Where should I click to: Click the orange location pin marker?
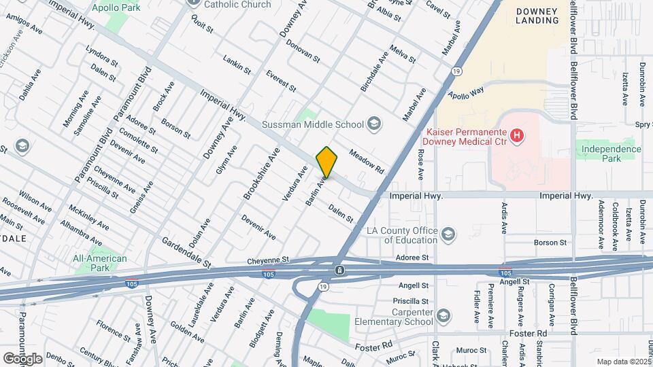coord(326,162)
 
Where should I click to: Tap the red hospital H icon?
coord(517,136)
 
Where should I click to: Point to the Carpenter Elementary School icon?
coord(443,316)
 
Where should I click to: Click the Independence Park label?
coord(610,154)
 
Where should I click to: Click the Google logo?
coord(23,358)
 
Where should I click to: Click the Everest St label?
coord(281,81)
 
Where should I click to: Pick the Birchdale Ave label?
coord(374,71)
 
